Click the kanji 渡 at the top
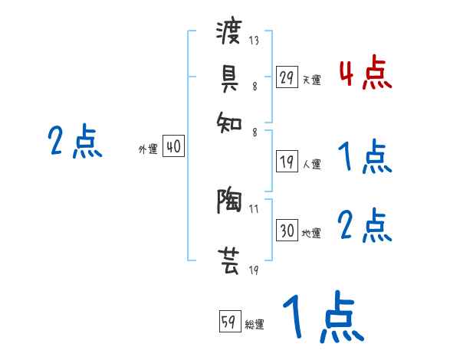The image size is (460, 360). (x=229, y=34)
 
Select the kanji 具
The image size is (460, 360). (x=229, y=77)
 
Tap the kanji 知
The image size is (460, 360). (x=229, y=118)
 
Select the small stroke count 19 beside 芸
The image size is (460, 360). (x=254, y=270)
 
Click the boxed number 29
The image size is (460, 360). (x=287, y=77)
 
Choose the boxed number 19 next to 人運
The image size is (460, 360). (x=287, y=162)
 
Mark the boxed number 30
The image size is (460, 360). (x=287, y=231)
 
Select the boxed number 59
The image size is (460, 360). (x=229, y=322)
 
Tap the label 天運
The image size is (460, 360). (x=311, y=80)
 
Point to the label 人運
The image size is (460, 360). (x=311, y=164)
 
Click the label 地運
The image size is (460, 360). (x=311, y=233)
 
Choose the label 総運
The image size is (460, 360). (x=255, y=324)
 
